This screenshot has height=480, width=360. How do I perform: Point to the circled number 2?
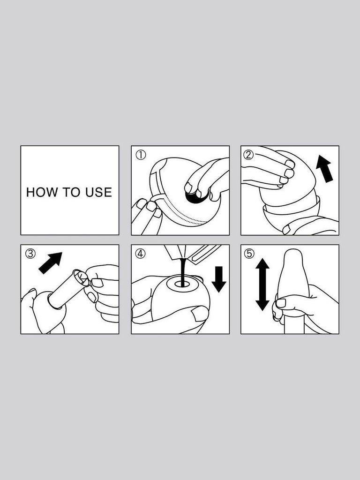(x=249, y=154)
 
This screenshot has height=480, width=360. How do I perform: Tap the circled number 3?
(x=30, y=254)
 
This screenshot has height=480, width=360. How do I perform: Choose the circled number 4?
(x=140, y=254)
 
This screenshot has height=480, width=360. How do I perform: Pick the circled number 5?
(x=249, y=254)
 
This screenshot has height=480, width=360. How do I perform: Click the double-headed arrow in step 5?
(x=262, y=285)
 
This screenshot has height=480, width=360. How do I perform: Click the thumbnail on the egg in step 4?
(x=201, y=313)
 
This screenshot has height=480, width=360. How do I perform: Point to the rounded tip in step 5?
(x=293, y=258)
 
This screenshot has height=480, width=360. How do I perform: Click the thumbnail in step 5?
(x=281, y=303)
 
